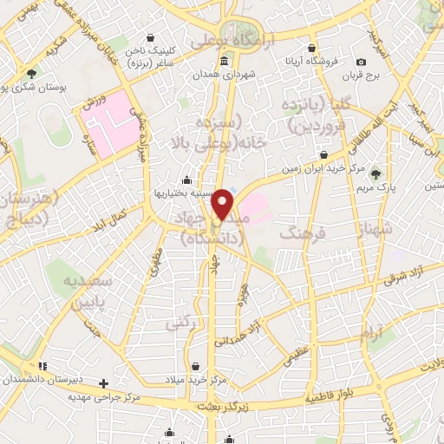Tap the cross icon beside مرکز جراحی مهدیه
[x=104, y=382]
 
